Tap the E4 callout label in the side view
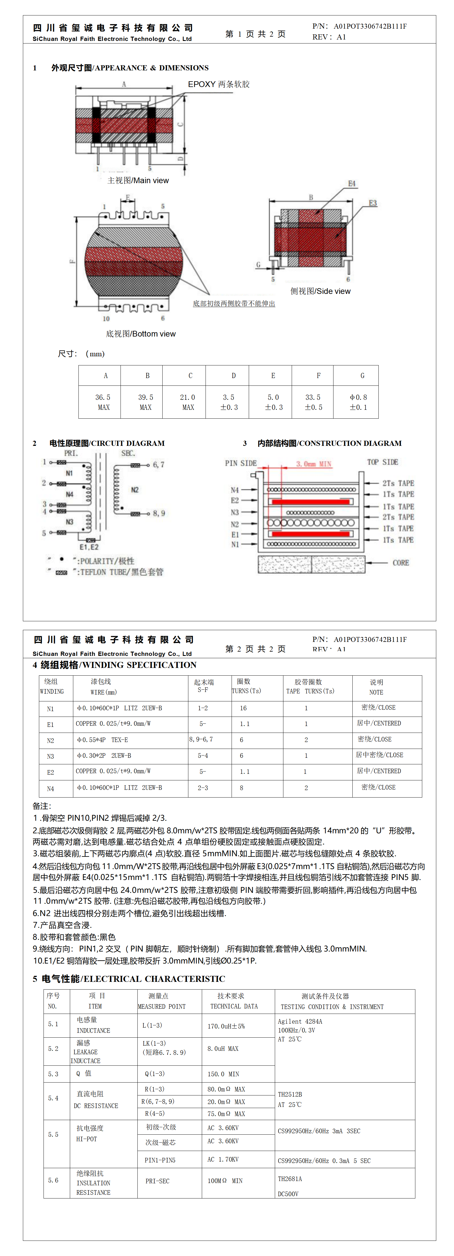[x=352, y=183]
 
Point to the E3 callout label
[x=373, y=203]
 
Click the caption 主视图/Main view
[x=138, y=180]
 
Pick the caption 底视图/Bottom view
[x=141, y=333]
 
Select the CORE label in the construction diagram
[x=400, y=563]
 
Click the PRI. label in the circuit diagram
[x=71, y=453]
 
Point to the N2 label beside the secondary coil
[x=135, y=490]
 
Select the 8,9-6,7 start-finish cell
[x=201, y=739]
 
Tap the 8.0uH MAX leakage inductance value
[x=223, y=1048]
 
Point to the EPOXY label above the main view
[x=202, y=84]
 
